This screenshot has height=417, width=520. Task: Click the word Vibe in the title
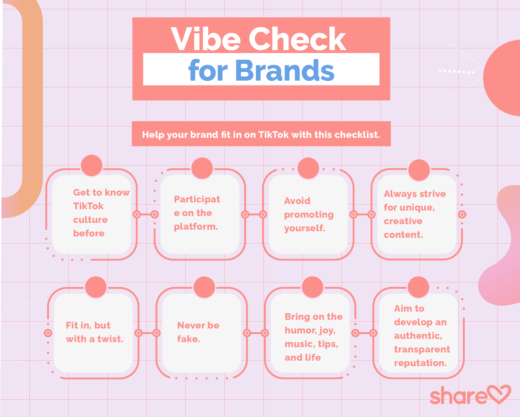206,39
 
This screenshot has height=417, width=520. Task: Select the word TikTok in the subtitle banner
273,135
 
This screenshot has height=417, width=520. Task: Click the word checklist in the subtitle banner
357,135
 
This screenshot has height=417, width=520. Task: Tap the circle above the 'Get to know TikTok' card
91,165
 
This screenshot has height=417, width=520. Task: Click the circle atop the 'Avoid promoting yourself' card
308,168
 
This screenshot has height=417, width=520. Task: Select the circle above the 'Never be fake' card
204,287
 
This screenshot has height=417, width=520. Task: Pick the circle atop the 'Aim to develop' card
418,287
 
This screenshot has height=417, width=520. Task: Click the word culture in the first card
90,220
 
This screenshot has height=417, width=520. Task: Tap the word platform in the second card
196,227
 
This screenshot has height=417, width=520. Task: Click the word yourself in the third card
305,228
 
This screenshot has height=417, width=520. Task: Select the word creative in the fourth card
403,221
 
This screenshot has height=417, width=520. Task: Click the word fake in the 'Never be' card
188,339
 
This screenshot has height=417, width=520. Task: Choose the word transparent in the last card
422,349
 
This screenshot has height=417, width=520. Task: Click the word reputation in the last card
420,363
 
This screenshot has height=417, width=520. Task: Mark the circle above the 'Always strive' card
419,170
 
